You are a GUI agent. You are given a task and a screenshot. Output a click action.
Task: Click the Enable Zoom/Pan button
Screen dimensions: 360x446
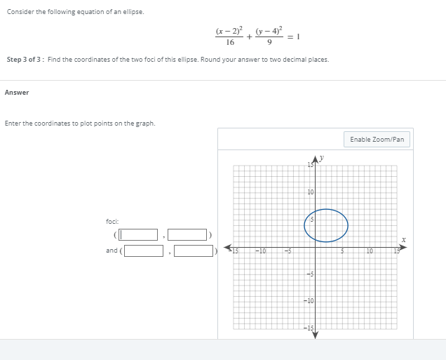coord(377,140)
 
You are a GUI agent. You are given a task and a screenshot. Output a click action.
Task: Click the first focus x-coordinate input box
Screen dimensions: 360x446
coord(138,234)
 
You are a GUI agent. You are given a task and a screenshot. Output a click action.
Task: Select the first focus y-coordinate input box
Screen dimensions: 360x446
coord(187,234)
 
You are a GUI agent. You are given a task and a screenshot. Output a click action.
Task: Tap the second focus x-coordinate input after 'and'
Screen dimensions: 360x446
coord(144,251)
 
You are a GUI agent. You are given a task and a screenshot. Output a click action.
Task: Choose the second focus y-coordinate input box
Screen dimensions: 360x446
coord(193,251)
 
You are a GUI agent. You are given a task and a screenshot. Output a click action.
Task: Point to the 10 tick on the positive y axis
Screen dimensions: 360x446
coord(309,192)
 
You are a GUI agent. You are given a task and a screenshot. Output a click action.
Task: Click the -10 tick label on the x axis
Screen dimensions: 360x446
coord(259,251)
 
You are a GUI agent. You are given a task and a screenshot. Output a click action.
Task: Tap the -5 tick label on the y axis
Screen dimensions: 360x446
coord(309,274)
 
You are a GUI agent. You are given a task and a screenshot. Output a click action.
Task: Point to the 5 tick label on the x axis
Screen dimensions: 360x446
coord(342,251)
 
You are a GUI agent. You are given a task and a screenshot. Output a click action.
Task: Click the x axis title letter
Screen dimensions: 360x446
coord(403,240)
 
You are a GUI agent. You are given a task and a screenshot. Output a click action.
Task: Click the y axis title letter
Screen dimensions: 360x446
coord(322,158)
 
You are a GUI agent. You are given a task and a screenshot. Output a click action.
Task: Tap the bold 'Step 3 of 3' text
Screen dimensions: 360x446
coord(25,60)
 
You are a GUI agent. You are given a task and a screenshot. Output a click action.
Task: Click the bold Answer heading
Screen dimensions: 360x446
coord(17,93)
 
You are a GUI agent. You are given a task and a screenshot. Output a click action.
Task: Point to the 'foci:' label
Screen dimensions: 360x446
coord(114,222)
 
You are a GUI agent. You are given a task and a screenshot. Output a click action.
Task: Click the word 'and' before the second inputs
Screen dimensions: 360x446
coord(112,251)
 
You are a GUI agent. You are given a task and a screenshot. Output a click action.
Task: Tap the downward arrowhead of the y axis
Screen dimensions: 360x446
coord(315,335)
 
